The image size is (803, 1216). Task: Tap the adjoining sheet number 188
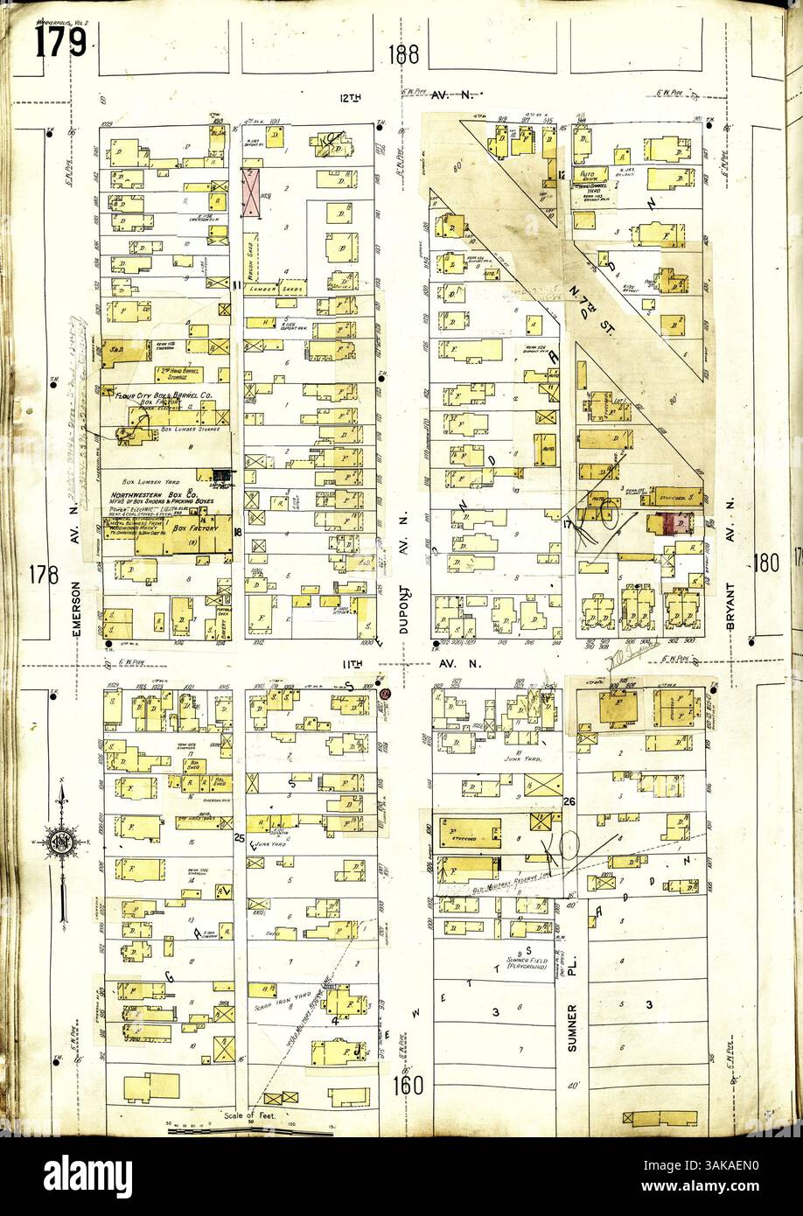coord(404,55)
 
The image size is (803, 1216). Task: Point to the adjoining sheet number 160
coord(408,1086)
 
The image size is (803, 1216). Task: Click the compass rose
coord(63,844)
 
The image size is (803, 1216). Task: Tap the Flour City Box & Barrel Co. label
coord(166,395)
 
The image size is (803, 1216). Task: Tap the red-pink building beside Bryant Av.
coord(674,523)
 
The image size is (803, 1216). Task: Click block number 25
coord(239,838)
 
